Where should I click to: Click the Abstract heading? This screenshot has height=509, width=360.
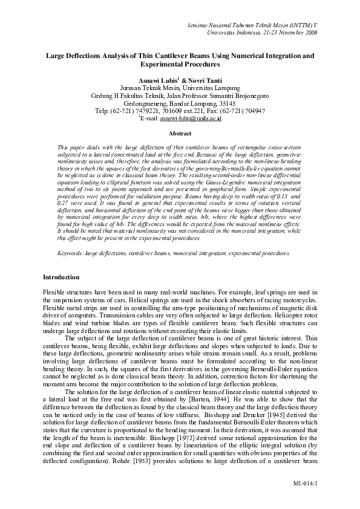pos(180,133)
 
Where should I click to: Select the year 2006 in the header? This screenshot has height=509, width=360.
pos(309,34)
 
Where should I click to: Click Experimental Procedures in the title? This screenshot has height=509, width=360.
pos(180,63)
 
